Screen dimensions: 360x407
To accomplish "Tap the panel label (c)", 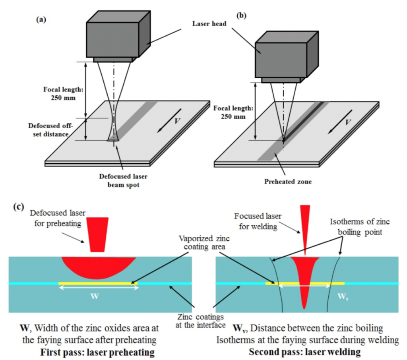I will click(18, 207).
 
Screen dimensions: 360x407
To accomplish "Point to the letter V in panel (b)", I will click(348, 122).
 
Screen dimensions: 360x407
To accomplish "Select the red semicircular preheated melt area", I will click(99, 267).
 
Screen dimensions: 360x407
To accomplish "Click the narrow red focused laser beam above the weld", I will click(305, 226).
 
